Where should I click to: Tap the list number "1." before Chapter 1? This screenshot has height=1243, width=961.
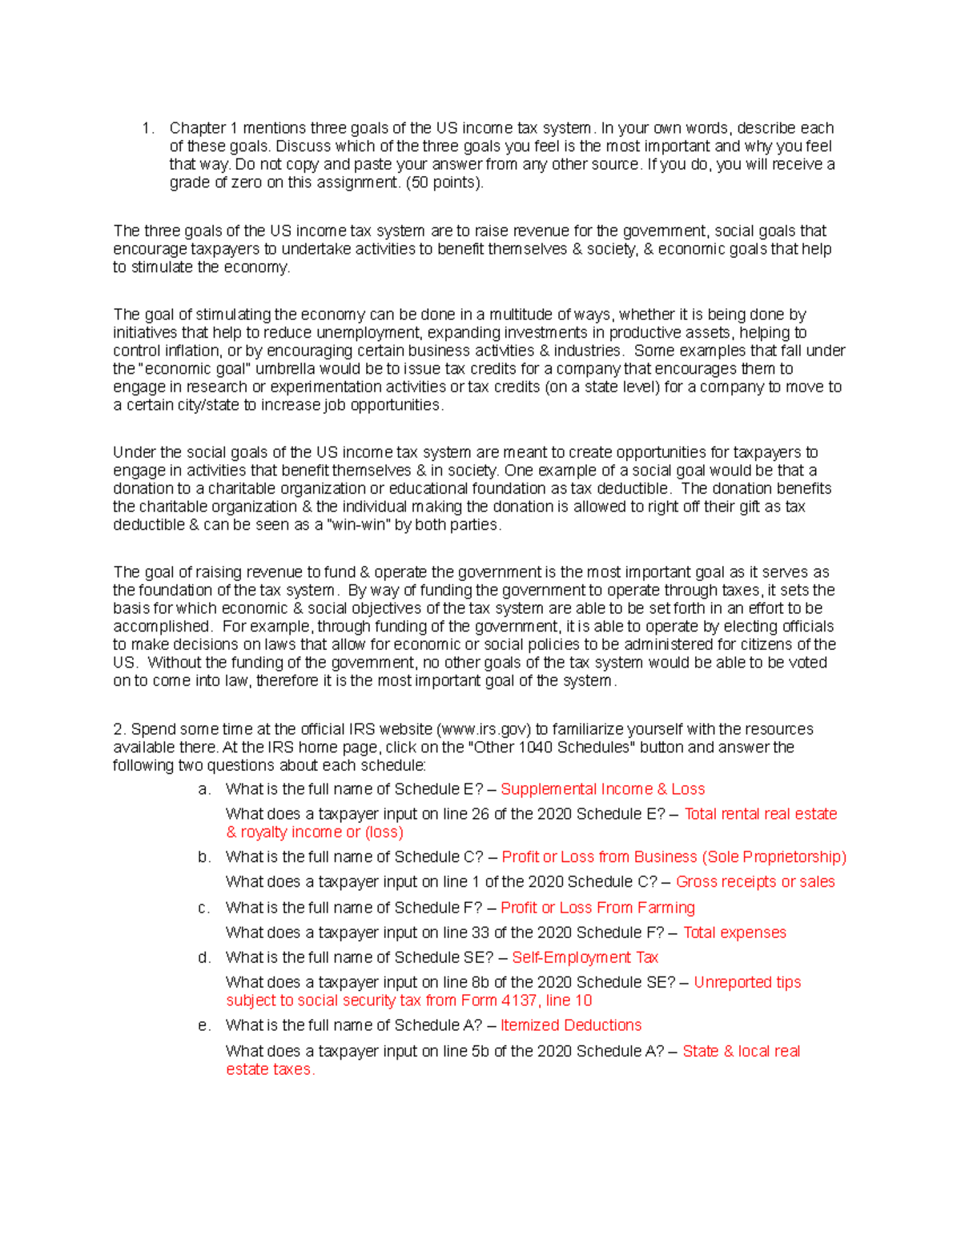[147, 128]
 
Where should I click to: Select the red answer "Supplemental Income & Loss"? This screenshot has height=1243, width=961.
[602, 789]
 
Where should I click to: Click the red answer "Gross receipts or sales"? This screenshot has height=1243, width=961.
[754, 882]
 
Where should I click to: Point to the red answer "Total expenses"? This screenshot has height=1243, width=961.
[734, 932]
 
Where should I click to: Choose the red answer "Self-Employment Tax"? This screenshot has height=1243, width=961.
[585, 957]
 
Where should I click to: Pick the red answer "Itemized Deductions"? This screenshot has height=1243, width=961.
[570, 1025]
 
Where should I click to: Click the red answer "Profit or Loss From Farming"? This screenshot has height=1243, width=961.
[597, 908]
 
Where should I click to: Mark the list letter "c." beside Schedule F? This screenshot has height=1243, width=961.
[204, 908]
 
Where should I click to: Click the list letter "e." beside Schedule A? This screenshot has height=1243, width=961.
[204, 1025]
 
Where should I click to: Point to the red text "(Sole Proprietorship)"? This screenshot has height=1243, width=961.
[774, 857]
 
